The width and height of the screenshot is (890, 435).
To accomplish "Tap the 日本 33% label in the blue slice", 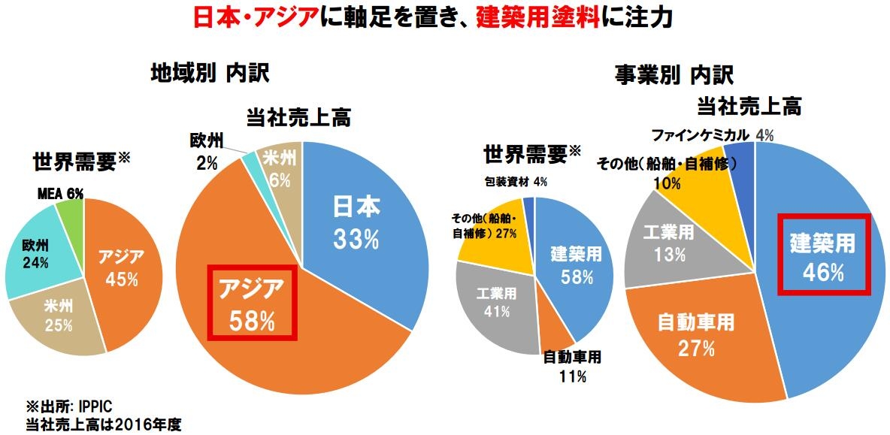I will tap(357, 223).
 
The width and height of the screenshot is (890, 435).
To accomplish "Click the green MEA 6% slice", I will tap(71, 219).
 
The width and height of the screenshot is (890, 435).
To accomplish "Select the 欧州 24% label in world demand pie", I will tap(35, 255).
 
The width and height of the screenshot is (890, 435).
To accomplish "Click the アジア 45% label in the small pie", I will tap(120, 268).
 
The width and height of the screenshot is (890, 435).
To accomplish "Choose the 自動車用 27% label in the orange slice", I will tap(695, 334).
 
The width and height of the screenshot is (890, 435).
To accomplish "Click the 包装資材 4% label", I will tap(516, 181).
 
